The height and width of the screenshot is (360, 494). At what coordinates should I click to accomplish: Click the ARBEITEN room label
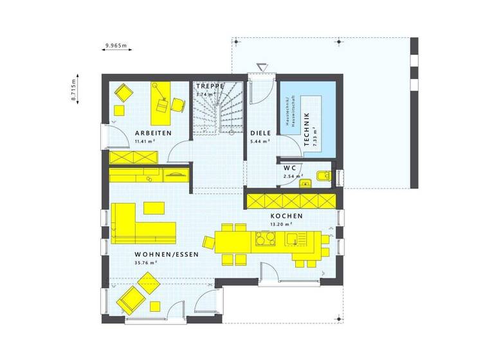pos(152,132)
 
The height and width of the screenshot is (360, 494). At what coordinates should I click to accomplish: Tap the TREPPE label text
pos(210,85)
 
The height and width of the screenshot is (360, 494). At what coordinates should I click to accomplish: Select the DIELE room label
pos(261,132)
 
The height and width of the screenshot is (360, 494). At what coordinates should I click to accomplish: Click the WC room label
pos(289,168)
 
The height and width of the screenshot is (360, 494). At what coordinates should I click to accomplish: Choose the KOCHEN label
pos(286,216)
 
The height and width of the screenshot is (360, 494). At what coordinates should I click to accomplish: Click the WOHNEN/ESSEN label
pos(167,254)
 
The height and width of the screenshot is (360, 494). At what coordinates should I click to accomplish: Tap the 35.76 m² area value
pos(146,262)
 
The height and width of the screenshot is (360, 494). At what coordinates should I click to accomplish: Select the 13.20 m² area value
pos(282,224)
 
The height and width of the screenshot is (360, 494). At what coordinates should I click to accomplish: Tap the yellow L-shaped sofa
pos(138,225)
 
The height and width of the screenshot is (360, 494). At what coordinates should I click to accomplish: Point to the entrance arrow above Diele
pos(262,67)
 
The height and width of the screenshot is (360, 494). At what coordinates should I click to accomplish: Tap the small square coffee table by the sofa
pos(153,207)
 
